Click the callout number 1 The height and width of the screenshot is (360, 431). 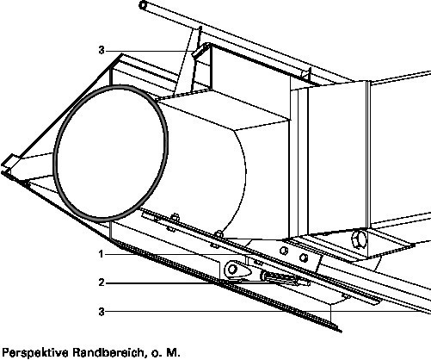101,254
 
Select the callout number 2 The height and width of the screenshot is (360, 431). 102,282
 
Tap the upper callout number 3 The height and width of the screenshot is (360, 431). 102,51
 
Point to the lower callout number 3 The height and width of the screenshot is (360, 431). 102,312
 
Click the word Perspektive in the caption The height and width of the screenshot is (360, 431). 35,353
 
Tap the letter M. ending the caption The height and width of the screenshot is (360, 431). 173,352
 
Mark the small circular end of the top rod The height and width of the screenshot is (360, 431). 143,5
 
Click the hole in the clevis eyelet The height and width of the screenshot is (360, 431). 232,270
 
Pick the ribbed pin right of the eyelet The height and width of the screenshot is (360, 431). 284,279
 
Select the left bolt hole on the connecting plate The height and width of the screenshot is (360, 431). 283,251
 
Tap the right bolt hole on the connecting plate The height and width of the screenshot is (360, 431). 304,258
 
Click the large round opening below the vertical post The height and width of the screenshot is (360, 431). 359,239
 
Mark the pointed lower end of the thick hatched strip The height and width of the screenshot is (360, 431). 340,331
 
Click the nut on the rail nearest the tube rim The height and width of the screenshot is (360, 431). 174,218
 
